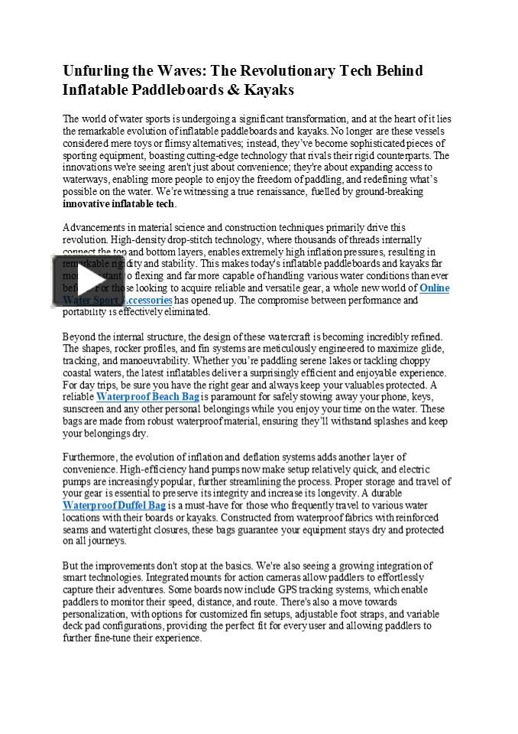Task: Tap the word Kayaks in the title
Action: [269, 89]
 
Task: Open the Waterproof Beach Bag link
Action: [147, 398]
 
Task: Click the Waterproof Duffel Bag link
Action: [114, 505]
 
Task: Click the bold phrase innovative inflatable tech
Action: [119, 203]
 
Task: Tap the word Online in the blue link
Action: [434, 288]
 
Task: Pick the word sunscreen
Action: [83, 410]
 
